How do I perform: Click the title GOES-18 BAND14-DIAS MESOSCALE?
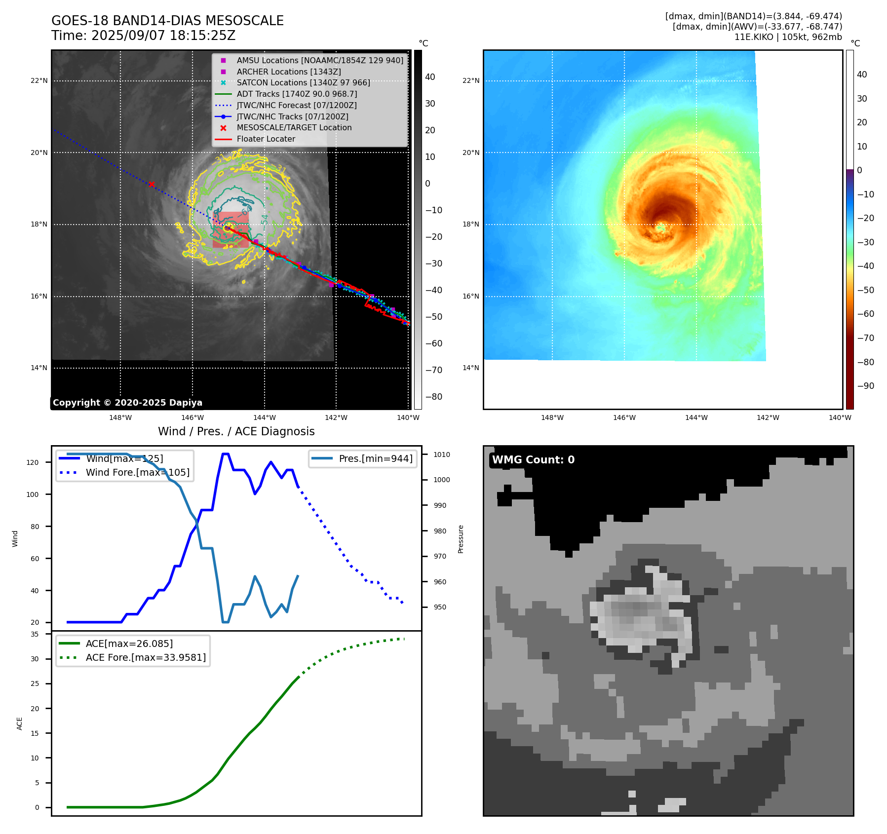[x=167, y=21]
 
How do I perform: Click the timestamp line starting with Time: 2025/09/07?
[x=143, y=36]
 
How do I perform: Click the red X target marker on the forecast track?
[x=152, y=185]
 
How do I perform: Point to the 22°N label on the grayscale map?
[x=39, y=81]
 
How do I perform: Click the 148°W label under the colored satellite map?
[x=552, y=418]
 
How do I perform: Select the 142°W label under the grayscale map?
[x=336, y=418]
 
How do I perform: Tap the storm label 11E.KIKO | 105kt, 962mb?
[x=788, y=37]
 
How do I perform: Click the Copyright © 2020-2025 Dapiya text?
[x=127, y=403]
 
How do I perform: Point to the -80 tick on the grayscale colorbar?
[x=434, y=397]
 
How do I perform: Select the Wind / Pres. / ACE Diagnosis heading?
[x=236, y=431]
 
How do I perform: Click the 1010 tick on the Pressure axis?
[x=442, y=455]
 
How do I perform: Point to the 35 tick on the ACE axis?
[x=35, y=634]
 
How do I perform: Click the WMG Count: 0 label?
[x=533, y=460]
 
